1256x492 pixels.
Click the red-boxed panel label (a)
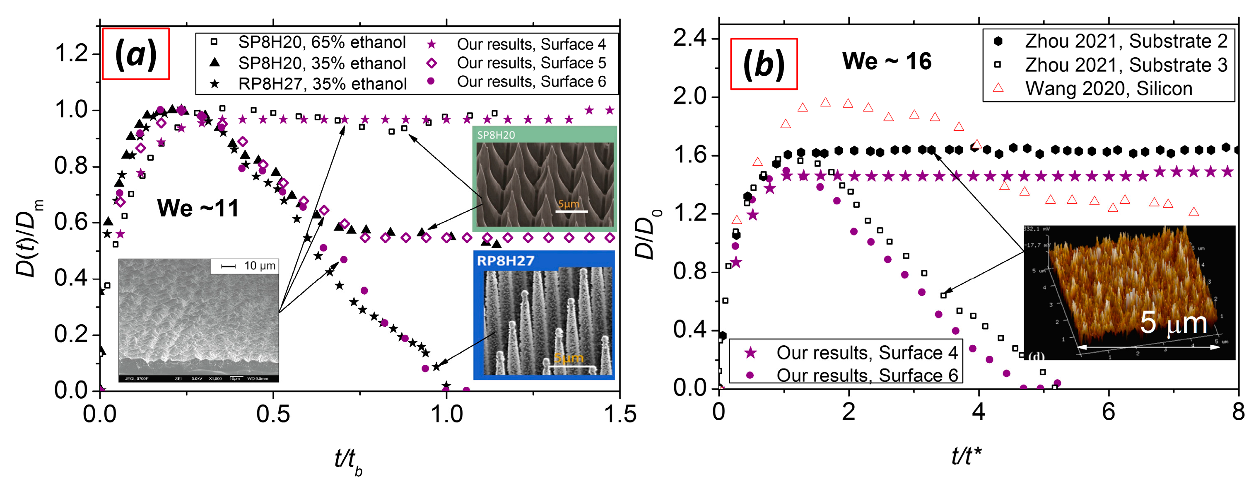(x=135, y=54)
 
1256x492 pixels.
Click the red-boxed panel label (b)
(x=764, y=64)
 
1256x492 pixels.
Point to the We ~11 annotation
(x=198, y=208)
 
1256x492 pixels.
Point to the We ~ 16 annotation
(x=887, y=61)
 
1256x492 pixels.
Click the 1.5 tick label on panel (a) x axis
(x=620, y=414)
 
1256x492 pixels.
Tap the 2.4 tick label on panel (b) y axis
(x=689, y=38)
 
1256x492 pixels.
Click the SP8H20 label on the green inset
(x=496, y=135)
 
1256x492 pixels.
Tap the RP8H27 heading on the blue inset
(x=505, y=261)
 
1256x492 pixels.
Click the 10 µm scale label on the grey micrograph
(x=259, y=266)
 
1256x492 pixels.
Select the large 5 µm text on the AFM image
(x=1173, y=323)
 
